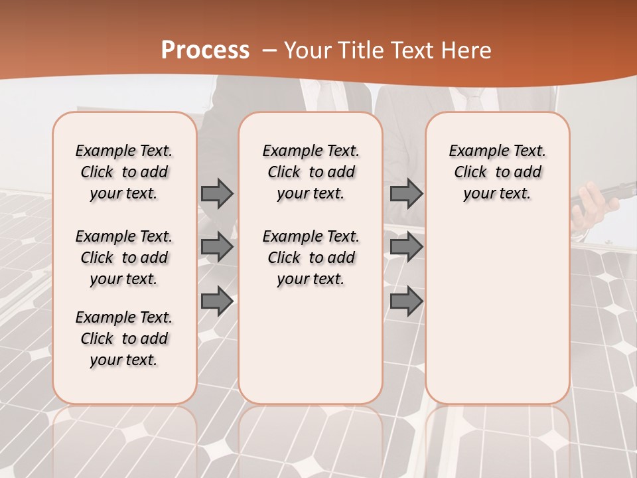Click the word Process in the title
(205, 50)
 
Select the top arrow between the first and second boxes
(217, 193)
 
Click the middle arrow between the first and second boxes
(217, 247)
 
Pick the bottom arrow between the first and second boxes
(217, 301)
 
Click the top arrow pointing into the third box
(406, 193)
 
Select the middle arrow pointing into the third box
(406, 247)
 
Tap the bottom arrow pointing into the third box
(406, 301)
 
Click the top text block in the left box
(124, 172)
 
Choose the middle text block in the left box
(124, 258)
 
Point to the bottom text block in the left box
(124, 339)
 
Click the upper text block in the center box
(311, 172)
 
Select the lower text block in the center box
(311, 258)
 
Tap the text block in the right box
(497, 172)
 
